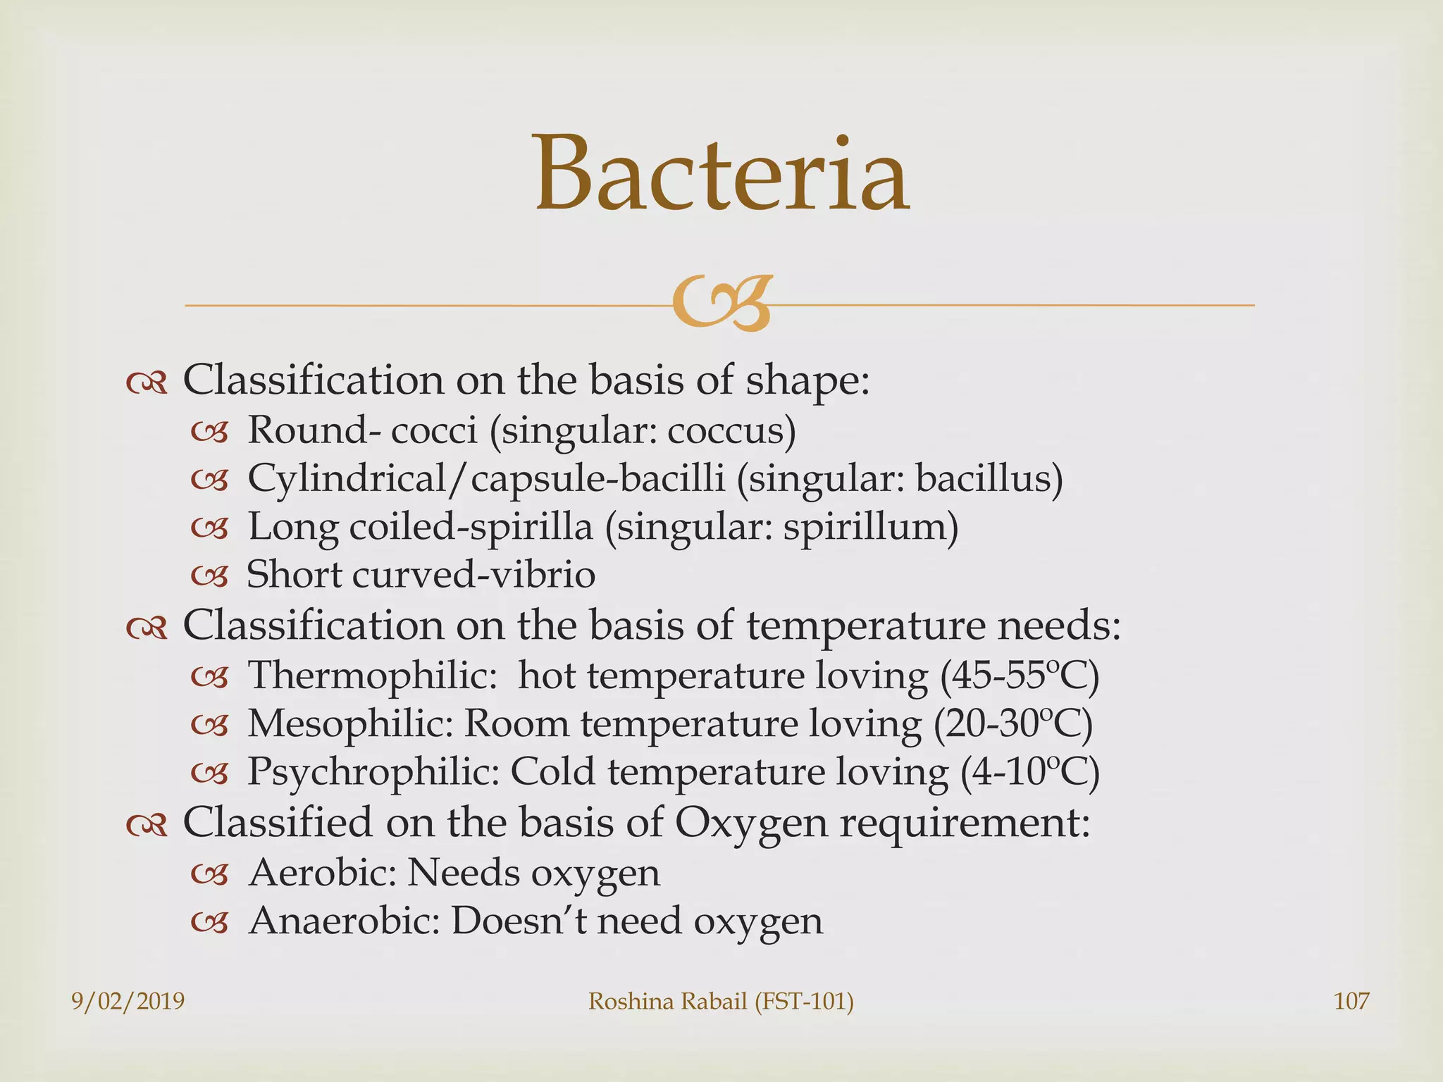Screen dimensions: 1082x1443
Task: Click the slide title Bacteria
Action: [x=722, y=175]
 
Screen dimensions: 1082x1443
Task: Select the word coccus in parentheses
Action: [x=726, y=430]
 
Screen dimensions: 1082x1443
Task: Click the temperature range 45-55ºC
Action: [x=1019, y=676]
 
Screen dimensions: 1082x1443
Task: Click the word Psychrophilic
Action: [x=373, y=773]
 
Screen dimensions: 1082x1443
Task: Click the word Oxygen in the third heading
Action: [x=750, y=823]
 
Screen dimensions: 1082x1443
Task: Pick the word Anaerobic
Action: [x=344, y=921]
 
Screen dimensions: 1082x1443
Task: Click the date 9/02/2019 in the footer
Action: [x=128, y=1001]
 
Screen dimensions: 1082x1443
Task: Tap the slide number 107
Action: [x=1351, y=1001]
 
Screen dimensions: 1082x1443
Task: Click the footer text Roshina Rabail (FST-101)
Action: [x=721, y=1001]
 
